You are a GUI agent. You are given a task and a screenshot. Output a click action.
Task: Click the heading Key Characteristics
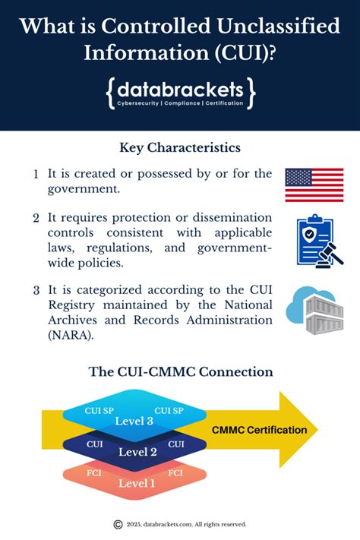(180, 147)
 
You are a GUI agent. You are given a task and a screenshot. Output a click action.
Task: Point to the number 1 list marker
(36, 174)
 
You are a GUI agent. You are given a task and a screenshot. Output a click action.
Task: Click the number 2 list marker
(36, 219)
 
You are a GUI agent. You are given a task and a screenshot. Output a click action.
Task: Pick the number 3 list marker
(36, 289)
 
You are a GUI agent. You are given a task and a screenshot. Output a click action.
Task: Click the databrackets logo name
(180, 90)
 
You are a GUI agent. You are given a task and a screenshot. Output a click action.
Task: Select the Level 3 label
(134, 421)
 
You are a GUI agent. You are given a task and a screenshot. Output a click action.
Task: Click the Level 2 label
(137, 452)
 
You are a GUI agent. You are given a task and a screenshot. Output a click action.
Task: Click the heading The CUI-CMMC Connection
(180, 372)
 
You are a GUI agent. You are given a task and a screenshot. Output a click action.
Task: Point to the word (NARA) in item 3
(69, 335)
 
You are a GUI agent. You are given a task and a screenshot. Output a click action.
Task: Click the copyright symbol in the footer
(118, 524)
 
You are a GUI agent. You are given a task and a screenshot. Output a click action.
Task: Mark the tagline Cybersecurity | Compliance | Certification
(180, 103)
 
